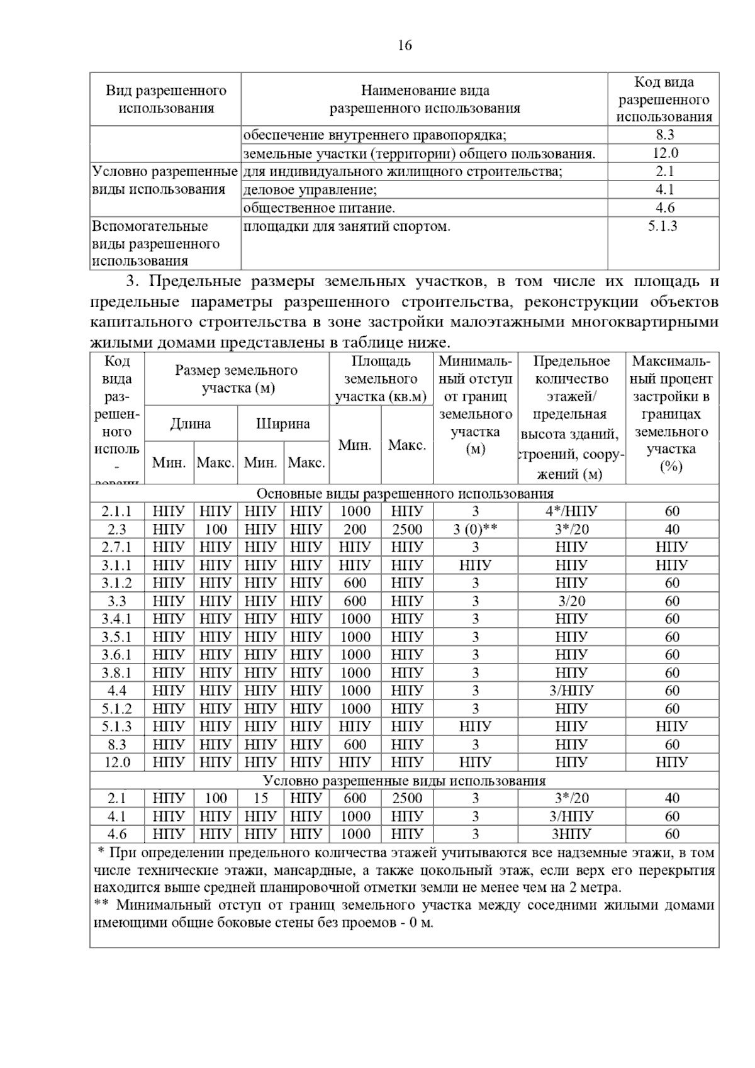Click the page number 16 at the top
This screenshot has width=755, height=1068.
(x=405, y=45)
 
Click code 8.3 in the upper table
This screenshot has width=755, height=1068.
(x=664, y=135)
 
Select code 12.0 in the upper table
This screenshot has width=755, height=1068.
(x=664, y=153)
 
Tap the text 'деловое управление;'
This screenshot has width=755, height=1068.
(x=310, y=190)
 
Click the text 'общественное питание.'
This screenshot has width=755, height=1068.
(x=319, y=208)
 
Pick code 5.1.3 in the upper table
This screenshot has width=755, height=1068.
(x=663, y=226)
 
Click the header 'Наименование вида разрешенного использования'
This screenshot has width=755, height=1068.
(x=425, y=99)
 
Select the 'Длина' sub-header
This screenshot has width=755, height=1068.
(x=191, y=424)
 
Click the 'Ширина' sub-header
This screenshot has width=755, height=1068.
(x=283, y=424)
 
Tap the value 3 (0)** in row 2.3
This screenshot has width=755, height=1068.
(x=475, y=530)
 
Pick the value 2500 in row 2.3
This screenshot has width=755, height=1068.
(x=407, y=530)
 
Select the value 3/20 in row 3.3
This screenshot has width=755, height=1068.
(x=571, y=601)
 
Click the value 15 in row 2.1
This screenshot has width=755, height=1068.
(x=260, y=798)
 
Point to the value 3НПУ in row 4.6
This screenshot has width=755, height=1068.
(x=571, y=834)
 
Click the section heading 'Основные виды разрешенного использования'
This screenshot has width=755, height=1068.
(x=405, y=494)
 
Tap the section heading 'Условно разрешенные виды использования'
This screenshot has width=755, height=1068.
(x=404, y=781)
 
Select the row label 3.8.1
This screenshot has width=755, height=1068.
(x=117, y=673)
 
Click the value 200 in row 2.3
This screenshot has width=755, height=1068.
(x=355, y=530)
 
